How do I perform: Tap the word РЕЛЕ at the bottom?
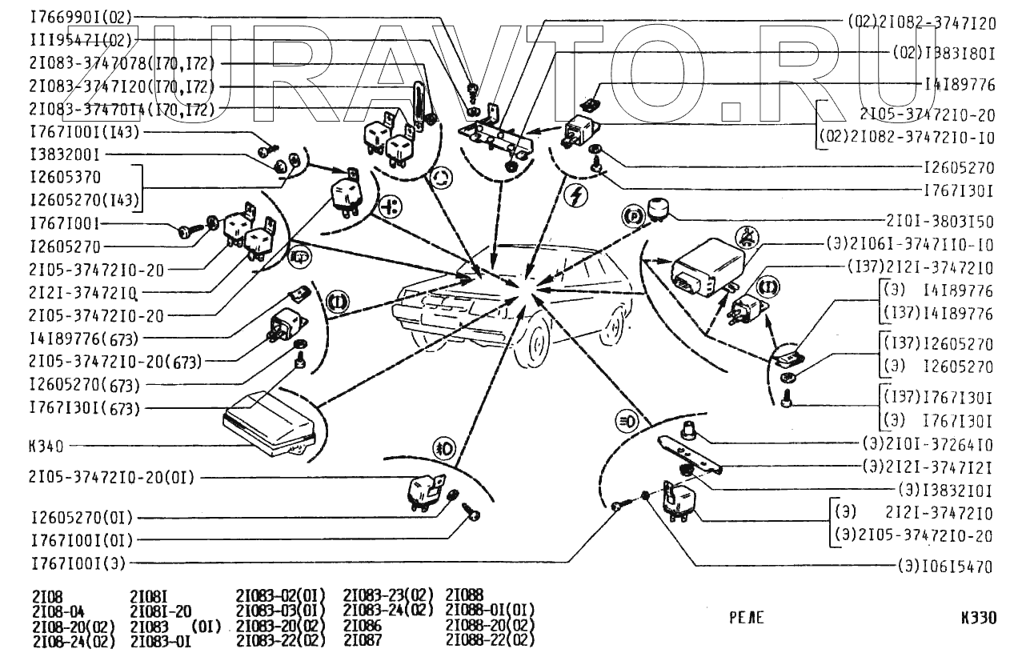click(x=747, y=618)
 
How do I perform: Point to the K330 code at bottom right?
click(x=979, y=618)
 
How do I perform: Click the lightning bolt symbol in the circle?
click(x=573, y=195)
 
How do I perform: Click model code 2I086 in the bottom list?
click(x=363, y=625)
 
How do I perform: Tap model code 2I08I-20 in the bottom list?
click(x=161, y=611)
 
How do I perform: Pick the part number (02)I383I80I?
click(x=944, y=54)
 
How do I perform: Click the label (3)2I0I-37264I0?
click(x=927, y=444)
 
